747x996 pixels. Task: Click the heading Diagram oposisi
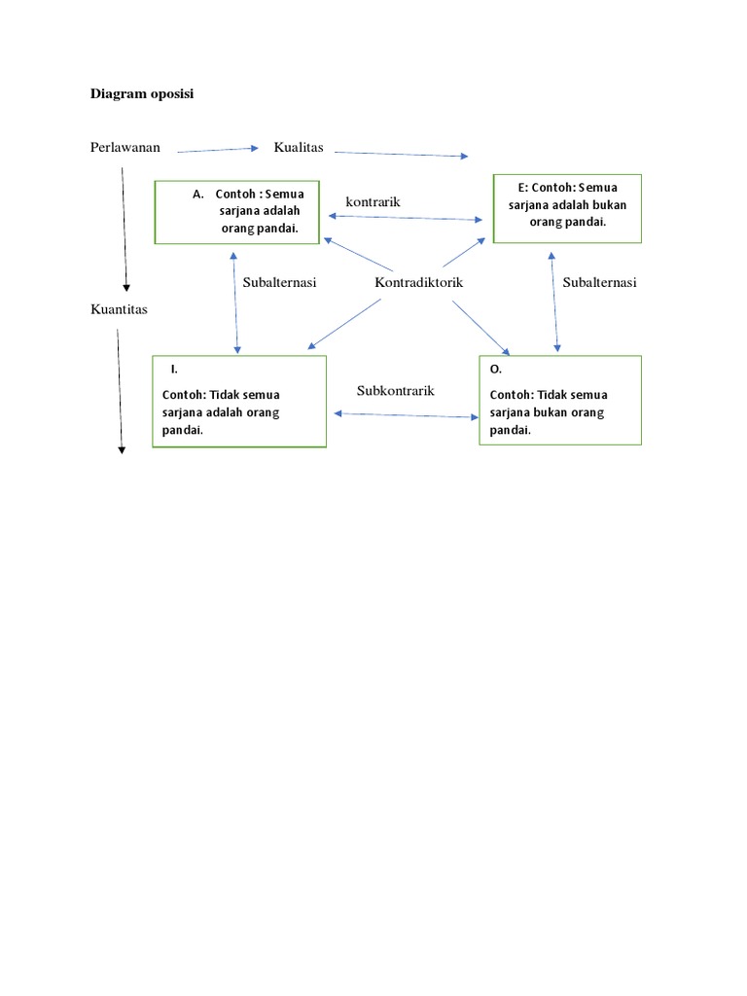[x=142, y=94]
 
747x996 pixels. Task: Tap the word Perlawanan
[x=125, y=148]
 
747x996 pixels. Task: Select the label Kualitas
[x=299, y=148]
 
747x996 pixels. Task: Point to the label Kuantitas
[x=120, y=309]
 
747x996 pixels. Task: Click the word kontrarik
[x=373, y=201]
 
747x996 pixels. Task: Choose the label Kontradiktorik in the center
[x=419, y=282]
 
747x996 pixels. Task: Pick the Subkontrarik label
[x=395, y=390]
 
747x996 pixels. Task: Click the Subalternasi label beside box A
[x=280, y=282]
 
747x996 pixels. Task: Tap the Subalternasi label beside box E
[x=599, y=282]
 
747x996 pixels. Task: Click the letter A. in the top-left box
[x=198, y=194]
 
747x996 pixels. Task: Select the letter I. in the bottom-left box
[x=174, y=370]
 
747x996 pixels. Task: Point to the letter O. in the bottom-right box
[x=496, y=370]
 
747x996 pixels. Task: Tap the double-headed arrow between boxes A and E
[x=404, y=218]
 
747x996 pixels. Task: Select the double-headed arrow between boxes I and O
[x=406, y=415]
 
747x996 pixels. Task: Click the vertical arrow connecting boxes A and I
[x=234, y=302]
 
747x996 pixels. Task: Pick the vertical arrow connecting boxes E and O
[x=554, y=301]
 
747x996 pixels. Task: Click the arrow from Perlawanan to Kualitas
[x=219, y=150]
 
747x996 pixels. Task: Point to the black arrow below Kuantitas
[x=120, y=389]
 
